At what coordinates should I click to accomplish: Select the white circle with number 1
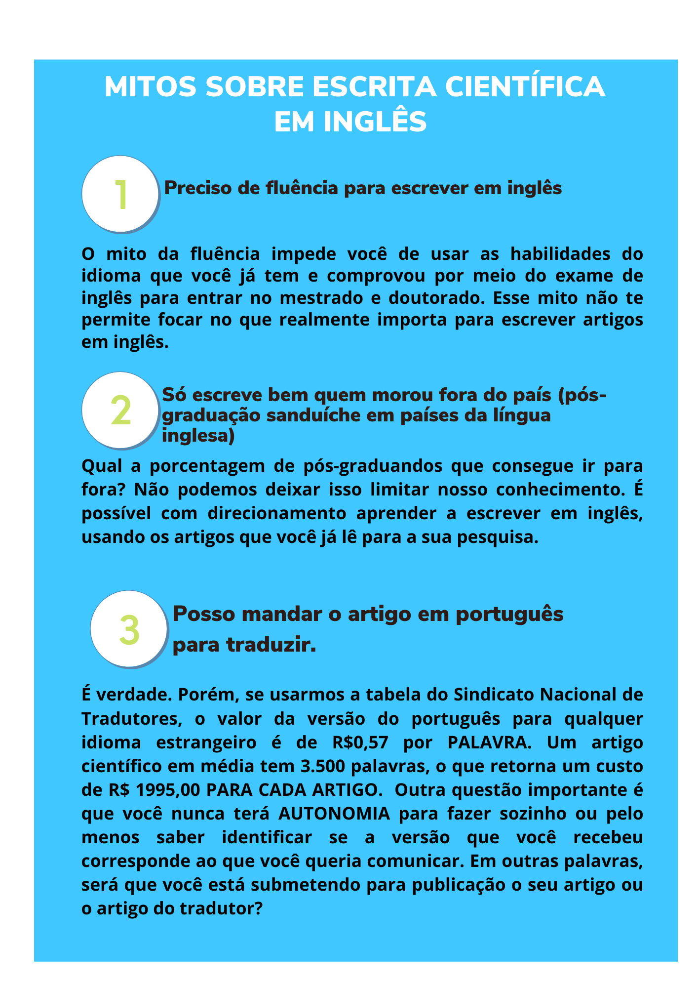coord(120,194)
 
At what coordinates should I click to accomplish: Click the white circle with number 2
coord(120,410)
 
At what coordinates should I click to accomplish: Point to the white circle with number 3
coord(129,629)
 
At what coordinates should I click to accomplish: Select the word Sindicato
coord(492,694)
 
